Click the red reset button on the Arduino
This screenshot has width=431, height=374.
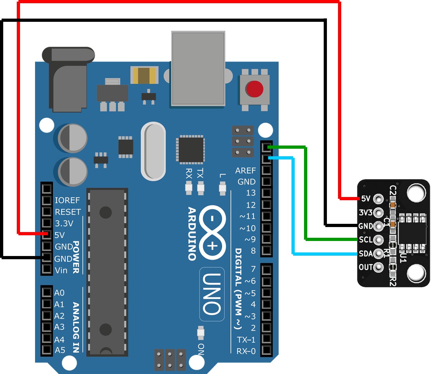[x=254, y=89]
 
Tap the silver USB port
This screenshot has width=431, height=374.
[x=199, y=69]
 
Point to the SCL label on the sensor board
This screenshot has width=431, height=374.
[x=366, y=240]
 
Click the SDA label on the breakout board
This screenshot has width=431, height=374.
[x=366, y=254]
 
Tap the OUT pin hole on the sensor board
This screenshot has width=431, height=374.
[x=378, y=267]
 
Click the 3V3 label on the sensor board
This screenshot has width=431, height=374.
[x=366, y=213]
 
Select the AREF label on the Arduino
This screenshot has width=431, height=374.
[x=245, y=171]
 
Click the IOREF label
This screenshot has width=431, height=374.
[x=67, y=200]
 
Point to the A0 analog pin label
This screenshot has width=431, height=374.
[x=59, y=293]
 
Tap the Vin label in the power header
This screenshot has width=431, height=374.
[x=61, y=270]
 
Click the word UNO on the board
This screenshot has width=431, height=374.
[x=212, y=294]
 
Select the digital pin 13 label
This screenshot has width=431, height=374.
[x=251, y=193]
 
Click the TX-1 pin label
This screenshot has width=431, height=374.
[x=246, y=340]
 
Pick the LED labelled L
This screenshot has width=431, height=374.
[x=223, y=188]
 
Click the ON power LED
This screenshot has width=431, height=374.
[x=201, y=333]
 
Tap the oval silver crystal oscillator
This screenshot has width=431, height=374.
[x=153, y=151]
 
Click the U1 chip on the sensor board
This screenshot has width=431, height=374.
[x=412, y=233]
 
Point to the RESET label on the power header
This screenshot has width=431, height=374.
[x=68, y=212]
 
